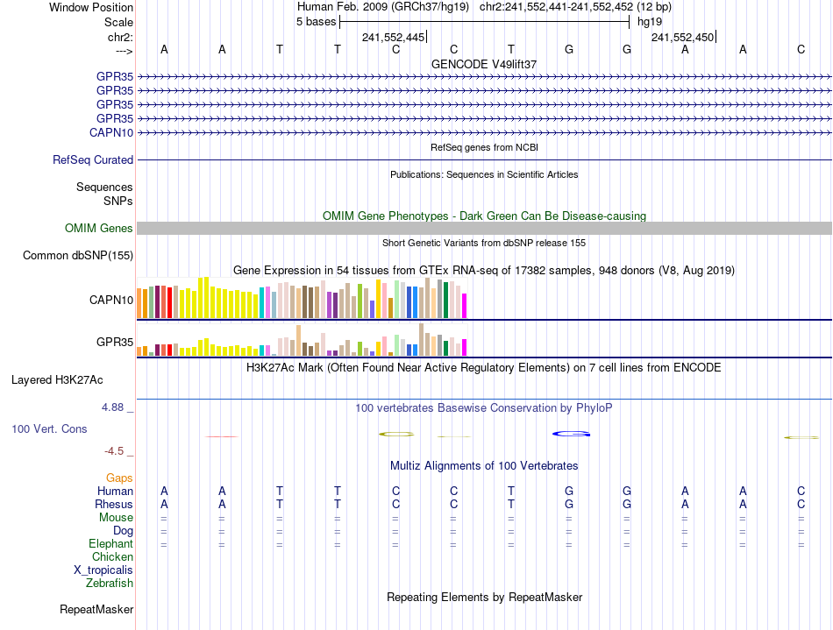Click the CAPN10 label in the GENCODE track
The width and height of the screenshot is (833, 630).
(111, 132)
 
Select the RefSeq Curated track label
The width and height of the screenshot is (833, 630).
(93, 160)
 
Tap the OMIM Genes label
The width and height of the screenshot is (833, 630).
(99, 229)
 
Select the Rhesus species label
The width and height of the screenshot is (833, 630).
(114, 505)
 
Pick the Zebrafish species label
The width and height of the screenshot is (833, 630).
(110, 584)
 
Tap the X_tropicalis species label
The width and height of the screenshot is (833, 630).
(103, 570)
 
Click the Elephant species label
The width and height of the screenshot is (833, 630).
(110, 544)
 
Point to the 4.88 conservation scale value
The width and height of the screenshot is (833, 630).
(115, 407)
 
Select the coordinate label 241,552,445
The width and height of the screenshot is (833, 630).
(393, 37)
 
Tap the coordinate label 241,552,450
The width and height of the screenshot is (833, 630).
(682, 37)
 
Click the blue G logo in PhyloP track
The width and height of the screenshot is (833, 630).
(570, 433)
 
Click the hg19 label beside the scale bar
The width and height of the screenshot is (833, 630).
(650, 22)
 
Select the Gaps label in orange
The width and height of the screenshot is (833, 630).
(119, 478)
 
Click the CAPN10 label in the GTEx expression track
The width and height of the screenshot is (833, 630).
(111, 300)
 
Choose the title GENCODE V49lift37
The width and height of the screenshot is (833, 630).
(484, 65)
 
